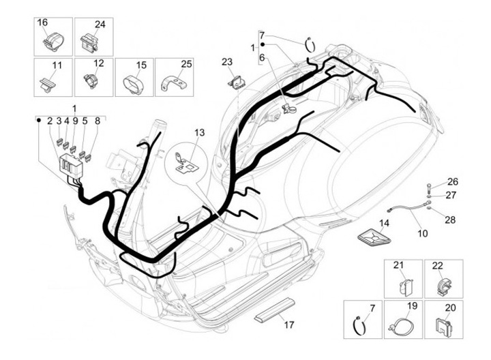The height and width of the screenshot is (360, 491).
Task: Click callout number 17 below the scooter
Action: point(289,325)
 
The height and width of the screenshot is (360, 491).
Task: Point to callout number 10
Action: point(422,233)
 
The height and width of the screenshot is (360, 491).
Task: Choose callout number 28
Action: point(449,219)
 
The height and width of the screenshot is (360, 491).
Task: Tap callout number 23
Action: point(227,62)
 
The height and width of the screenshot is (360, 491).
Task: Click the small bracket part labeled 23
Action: point(237,82)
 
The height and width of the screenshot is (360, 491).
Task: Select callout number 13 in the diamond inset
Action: point(199,132)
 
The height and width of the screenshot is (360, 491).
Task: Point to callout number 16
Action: point(42,22)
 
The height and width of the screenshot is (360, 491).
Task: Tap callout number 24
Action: point(100,25)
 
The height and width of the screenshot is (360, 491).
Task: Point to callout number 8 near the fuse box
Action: point(98,121)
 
